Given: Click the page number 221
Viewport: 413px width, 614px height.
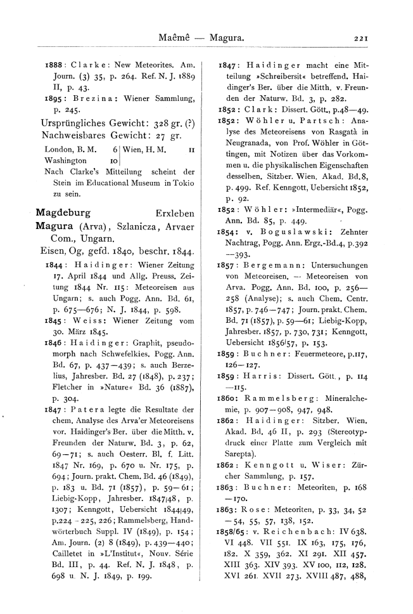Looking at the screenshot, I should tap(361, 39).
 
